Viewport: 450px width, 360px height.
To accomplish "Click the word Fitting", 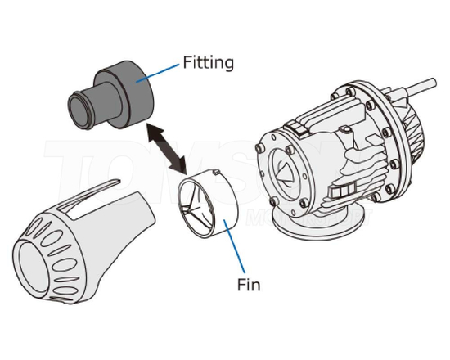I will click(209, 61).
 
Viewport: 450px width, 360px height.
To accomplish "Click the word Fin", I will click(249, 286).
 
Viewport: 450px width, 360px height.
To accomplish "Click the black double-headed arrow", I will click(164, 148).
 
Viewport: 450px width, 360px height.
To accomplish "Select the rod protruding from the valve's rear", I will click(430, 86).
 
